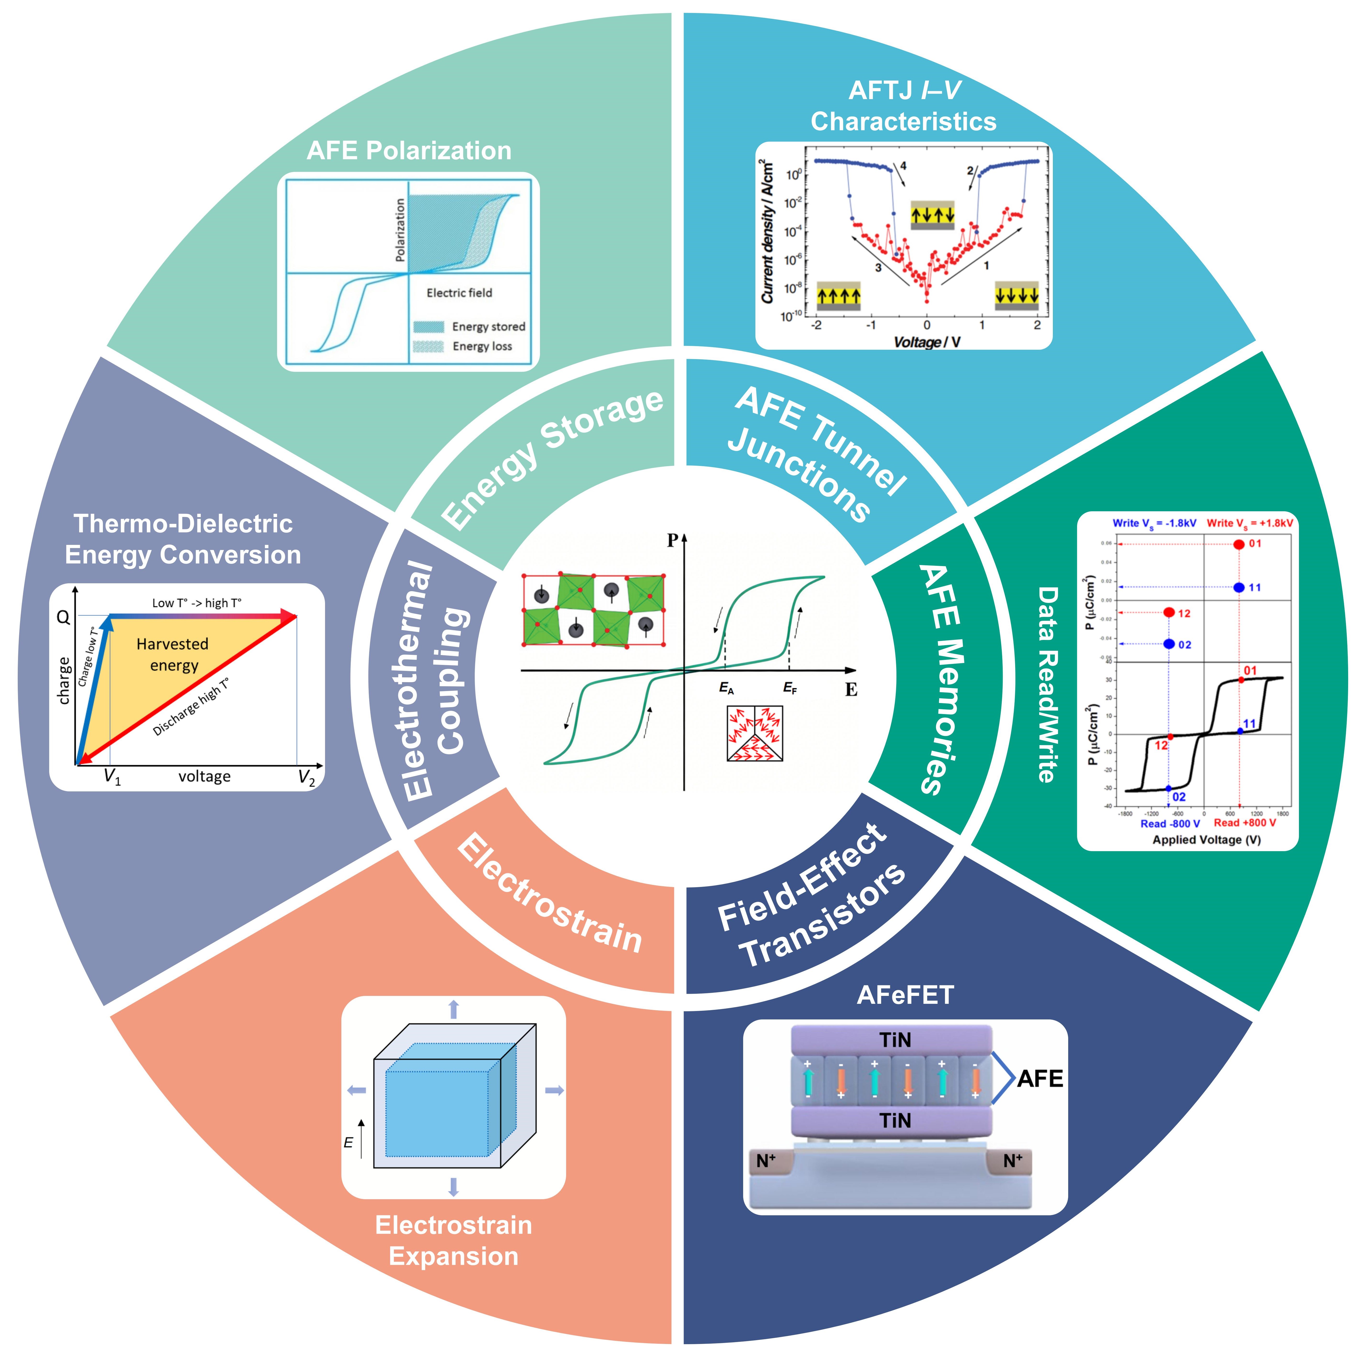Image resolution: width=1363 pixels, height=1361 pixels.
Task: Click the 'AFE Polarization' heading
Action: [409, 150]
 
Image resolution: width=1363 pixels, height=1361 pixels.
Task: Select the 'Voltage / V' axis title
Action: [927, 342]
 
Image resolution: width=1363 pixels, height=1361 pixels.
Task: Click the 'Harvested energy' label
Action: [173, 654]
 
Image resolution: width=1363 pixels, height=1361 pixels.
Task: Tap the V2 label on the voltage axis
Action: [306, 777]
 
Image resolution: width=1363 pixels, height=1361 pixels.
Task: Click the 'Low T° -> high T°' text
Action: [197, 603]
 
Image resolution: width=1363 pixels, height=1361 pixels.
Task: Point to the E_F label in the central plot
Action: [790, 688]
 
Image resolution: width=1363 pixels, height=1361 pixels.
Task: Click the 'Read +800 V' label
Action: [1245, 822]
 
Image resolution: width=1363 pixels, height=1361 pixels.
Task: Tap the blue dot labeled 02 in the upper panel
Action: [1169, 644]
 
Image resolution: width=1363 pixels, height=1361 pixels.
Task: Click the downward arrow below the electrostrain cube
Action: [454, 1187]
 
